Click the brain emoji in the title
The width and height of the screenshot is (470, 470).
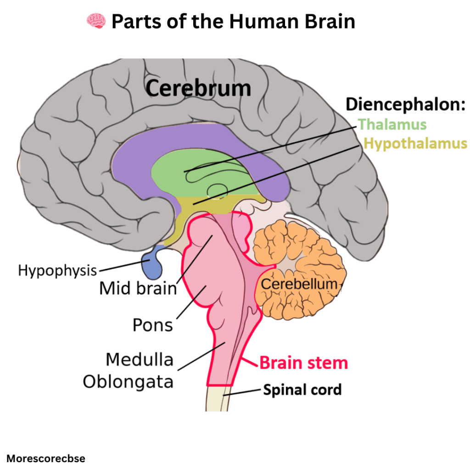point(96,21)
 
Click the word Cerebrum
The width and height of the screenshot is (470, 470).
point(198,88)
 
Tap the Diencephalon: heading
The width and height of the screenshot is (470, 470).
point(406,104)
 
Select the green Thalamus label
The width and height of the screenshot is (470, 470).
point(392,124)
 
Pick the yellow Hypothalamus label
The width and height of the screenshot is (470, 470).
point(415,144)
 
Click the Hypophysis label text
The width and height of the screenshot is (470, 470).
point(57,270)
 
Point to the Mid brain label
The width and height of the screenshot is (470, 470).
point(138,289)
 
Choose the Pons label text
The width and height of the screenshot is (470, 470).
point(153,325)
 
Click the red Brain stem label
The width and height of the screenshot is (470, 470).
point(304,363)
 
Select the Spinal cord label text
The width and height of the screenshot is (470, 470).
point(302,390)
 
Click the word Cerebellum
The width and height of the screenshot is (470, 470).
point(299,284)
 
